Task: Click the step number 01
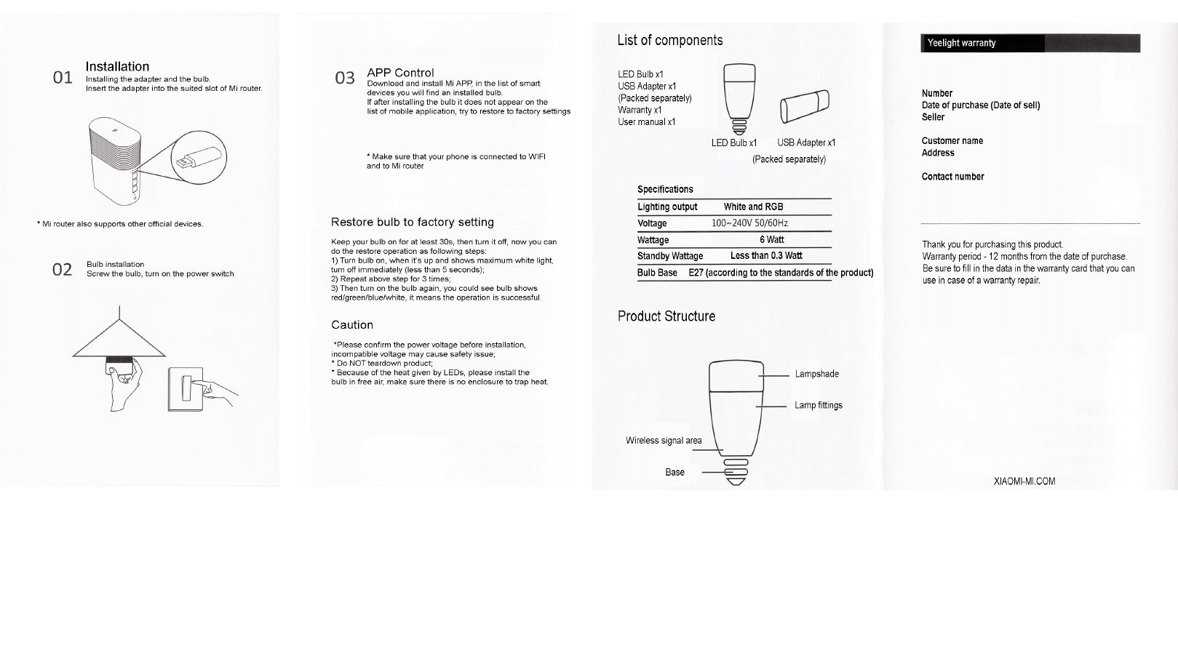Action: click(x=63, y=77)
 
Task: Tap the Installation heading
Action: click(x=117, y=66)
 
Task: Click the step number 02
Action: click(x=63, y=270)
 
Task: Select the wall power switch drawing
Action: click(x=186, y=389)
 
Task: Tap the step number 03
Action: click(x=345, y=78)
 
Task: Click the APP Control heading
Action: click(x=400, y=73)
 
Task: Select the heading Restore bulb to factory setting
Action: click(x=412, y=222)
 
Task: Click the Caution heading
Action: click(x=352, y=324)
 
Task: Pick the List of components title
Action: click(x=669, y=40)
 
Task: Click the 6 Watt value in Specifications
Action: click(x=771, y=239)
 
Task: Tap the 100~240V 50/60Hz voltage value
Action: click(x=749, y=223)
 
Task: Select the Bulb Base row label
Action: click(x=657, y=273)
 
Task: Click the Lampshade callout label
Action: click(x=816, y=374)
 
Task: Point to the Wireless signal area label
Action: click(x=664, y=440)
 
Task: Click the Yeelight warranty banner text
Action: click(x=961, y=43)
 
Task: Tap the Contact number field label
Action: click(x=952, y=177)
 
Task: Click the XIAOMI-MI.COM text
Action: click(x=1024, y=481)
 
